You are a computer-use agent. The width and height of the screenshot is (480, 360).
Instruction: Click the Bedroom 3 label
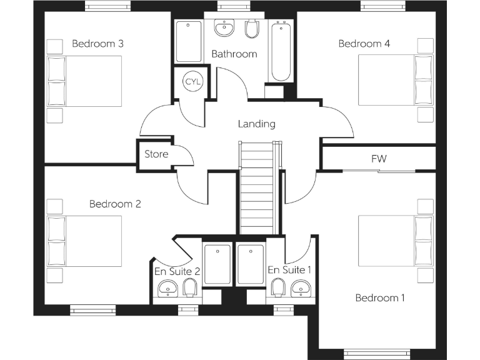[x=97, y=44]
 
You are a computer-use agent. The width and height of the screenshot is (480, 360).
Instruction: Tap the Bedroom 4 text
[x=364, y=44]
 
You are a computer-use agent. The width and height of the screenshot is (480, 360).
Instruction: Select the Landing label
[x=256, y=124]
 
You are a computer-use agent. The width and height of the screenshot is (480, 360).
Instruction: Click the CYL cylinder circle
[x=193, y=81]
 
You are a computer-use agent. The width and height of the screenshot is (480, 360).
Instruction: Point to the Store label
[x=156, y=154]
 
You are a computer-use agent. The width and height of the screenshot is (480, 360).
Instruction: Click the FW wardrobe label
[x=379, y=159]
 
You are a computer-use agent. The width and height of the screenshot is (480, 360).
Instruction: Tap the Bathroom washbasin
[x=224, y=27]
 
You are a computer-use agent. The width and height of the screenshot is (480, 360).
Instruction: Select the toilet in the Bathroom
[x=252, y=29]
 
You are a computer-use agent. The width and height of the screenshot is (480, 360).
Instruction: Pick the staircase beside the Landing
[x=257, y=187]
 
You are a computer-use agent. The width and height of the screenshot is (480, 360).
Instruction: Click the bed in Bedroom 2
[x=84, y=241]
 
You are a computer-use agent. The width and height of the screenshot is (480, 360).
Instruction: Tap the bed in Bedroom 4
[x=396, y=80]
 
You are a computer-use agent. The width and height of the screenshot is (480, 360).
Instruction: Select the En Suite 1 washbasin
[x=300, y=289]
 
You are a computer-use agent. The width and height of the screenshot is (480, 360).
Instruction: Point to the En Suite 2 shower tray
[x=217, y=264]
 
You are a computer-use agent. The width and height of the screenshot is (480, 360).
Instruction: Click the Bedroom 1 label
[x=380, y=297]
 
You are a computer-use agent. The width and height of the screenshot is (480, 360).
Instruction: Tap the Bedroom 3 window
[x=107, y=6]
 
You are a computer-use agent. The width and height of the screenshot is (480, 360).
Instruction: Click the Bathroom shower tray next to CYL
[x=189, y=41]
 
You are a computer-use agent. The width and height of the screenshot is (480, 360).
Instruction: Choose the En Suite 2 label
[x=177, y=271]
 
